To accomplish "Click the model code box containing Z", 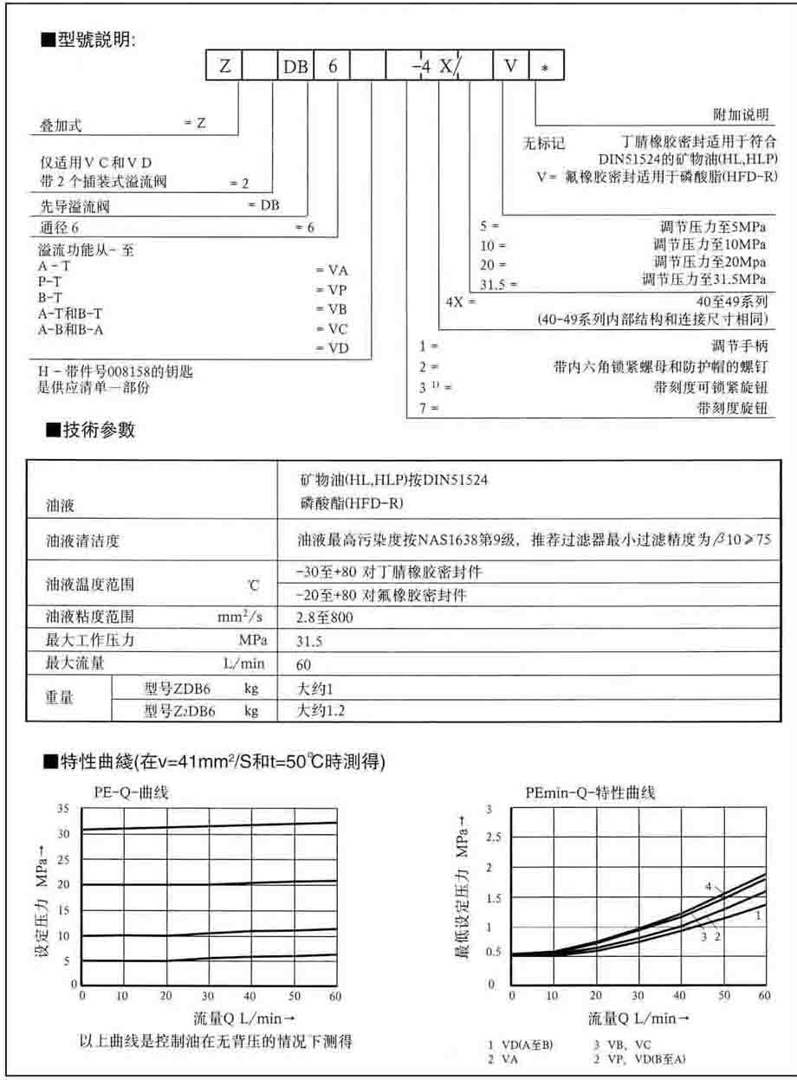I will click(224, 67).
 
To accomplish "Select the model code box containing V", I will click(511, 67).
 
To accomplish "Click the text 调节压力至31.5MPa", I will click(703, 280).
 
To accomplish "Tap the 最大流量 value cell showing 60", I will click(304, 666).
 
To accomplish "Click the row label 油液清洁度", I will click(82, 542).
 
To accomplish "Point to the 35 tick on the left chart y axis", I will click(62, 808).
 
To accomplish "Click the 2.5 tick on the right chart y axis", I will click(495, 837).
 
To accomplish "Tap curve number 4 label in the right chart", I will click(708, 887).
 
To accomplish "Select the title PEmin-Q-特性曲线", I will click(591, 792).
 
